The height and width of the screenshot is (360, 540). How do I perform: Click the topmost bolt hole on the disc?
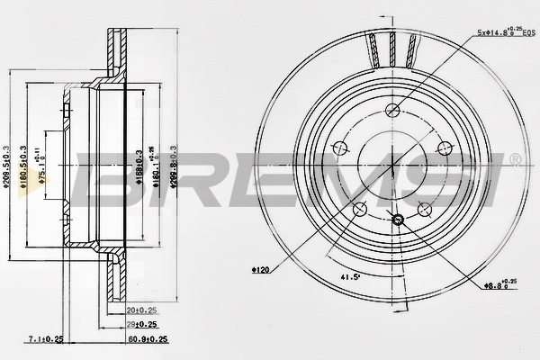391,111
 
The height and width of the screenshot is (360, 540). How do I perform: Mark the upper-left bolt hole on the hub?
340,148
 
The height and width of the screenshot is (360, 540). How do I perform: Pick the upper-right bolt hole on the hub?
443,148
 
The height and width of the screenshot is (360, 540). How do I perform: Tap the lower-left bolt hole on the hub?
360,209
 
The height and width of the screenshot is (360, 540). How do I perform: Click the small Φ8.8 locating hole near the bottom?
398,218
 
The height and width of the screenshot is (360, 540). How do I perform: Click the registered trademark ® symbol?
514,158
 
